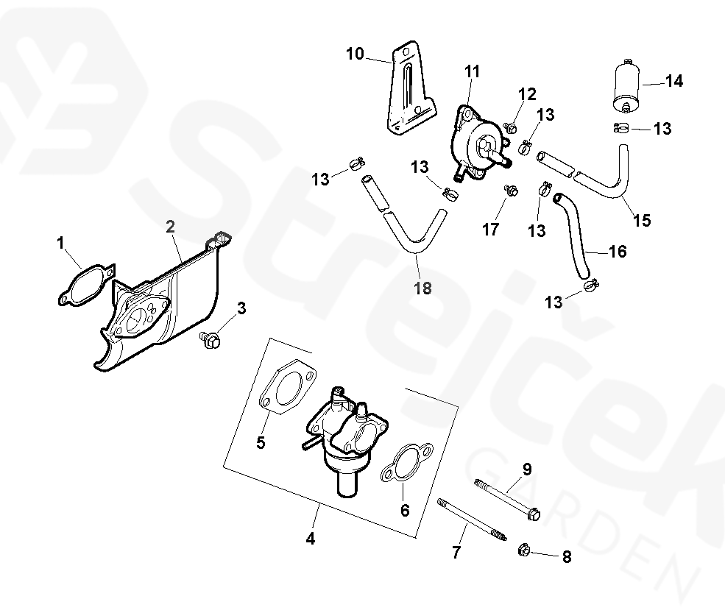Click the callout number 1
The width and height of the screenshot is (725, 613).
click(x=61, y=242)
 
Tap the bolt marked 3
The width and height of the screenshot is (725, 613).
click(x=211, y=340)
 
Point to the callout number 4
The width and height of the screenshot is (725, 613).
click(x=310, y=539)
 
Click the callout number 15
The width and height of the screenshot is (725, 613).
click(x=642, y=219)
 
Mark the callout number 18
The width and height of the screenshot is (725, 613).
click(x=422, y=288)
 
